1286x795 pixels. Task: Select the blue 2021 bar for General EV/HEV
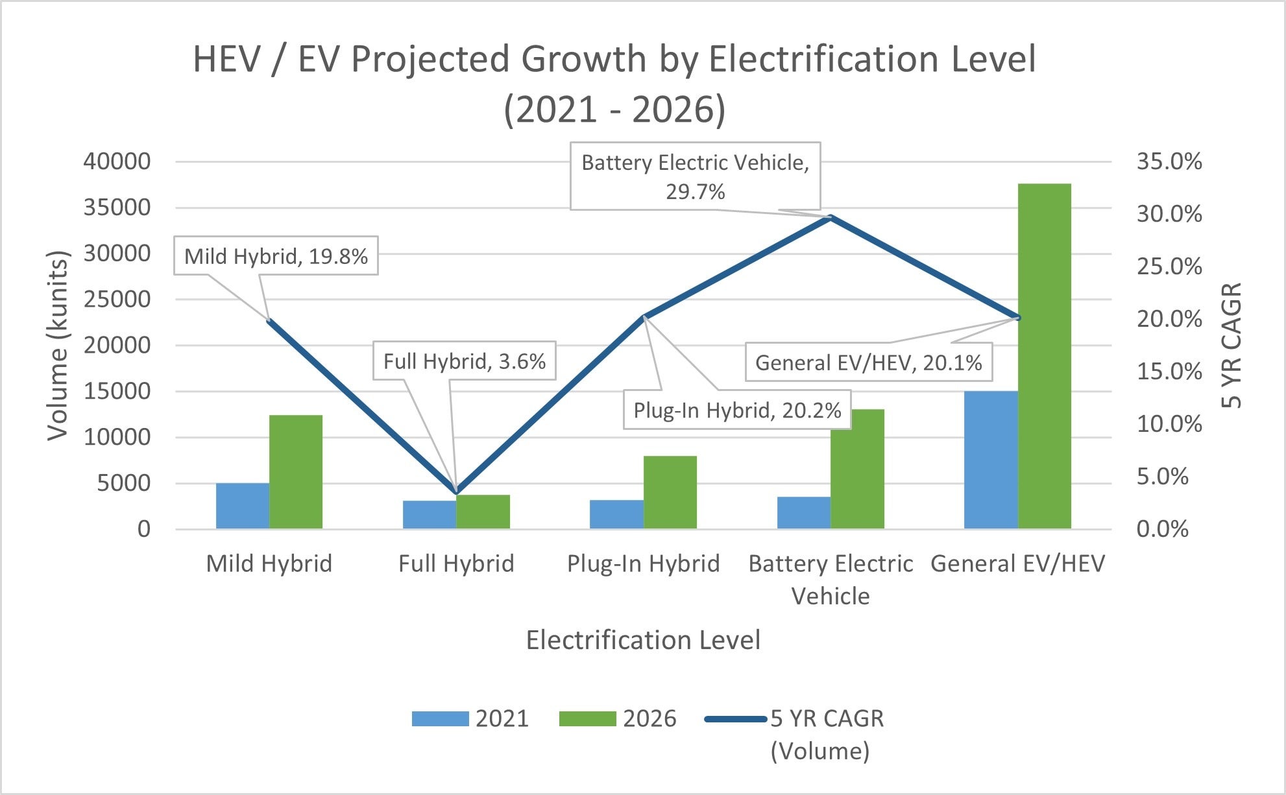click(991, 460)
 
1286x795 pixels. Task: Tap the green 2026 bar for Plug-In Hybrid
click(670, 492)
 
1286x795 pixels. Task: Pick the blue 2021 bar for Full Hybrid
click(430, 514)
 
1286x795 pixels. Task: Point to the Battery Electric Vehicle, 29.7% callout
click(695, 176)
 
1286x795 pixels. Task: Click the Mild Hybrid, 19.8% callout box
click(276, 256)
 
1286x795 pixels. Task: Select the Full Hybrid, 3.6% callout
click(465, 361)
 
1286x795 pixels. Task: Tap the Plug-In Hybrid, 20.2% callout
click(737, 410)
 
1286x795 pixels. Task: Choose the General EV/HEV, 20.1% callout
click(868, 362)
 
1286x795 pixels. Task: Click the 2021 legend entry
click(470, 718)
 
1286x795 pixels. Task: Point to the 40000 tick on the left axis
click(117, 161)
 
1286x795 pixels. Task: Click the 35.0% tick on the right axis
click(1169, 161)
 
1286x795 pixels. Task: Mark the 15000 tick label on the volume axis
click(117, 391)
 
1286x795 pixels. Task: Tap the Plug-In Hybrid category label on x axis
click(643, 564)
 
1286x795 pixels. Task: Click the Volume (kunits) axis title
click(58, 345)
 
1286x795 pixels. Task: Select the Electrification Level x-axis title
click(642, 640)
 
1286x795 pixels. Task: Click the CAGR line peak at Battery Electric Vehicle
click(831, 218)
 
